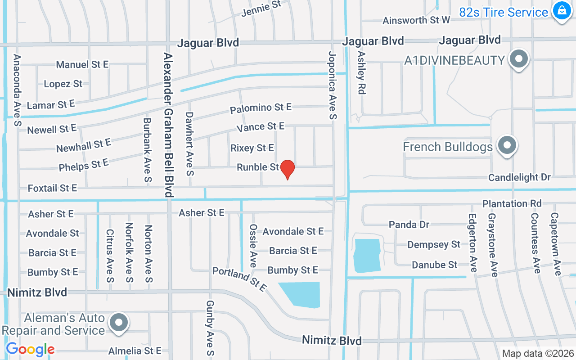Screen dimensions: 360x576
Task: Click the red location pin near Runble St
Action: [x=287, y=169]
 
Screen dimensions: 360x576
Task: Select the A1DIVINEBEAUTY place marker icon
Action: [x=519, y=59]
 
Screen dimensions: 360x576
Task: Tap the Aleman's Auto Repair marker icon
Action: [x=119, y=323]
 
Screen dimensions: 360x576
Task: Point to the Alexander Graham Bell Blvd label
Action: [x=168, y=125]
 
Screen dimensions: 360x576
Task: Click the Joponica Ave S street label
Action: [x=332, y=85]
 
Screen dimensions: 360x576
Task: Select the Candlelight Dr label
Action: [x=520, y=177]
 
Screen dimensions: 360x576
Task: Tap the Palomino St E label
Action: [x=261, y=108]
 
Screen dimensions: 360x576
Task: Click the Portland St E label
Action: [x=239, y=279]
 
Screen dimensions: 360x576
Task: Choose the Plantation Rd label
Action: [x=512, y=203]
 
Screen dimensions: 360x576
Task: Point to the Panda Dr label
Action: [x=409, y=224]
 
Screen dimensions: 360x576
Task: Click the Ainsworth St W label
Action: [x=416, y=20]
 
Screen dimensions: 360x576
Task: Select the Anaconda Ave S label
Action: [x=18, y=90]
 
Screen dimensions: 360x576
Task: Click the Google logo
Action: [x=30, y=349]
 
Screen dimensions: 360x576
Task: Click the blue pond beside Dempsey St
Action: [x=367, y=255]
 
